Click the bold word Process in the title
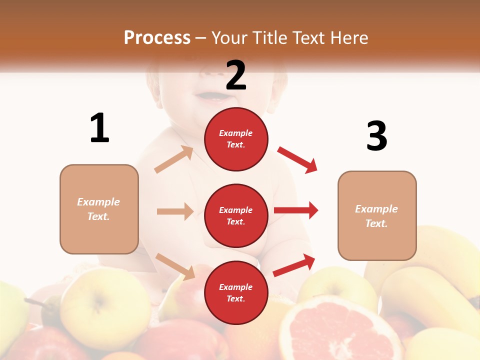point(157,38)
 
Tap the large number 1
point(99,128)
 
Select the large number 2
point(236,75)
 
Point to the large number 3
point(376,136)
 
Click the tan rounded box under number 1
point(99,209)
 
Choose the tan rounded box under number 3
point(377,215)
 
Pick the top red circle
point(236,139)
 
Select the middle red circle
point(236,215)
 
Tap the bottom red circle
point(236,292)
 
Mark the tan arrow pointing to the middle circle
point(175,211)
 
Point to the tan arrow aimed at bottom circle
point(175,266)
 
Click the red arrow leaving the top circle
point(297,159)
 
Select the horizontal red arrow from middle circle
point(296,210)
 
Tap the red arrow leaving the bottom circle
point(294,265)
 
